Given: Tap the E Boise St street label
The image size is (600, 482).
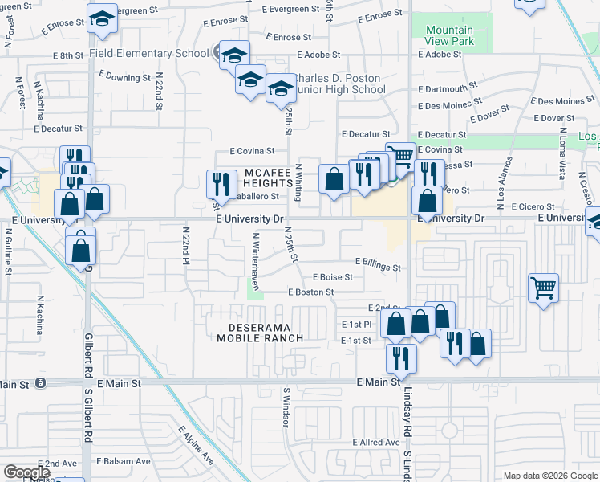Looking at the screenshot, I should click(332, 277).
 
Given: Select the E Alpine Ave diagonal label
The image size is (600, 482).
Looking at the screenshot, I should click(196, 446).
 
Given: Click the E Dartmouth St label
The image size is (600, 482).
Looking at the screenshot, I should click(448, 89).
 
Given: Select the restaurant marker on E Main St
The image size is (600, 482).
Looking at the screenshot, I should click(400, 357).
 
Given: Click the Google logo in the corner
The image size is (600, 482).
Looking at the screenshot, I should click(26, 472).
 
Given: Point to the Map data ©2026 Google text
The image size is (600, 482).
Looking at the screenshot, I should click(549, 476).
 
